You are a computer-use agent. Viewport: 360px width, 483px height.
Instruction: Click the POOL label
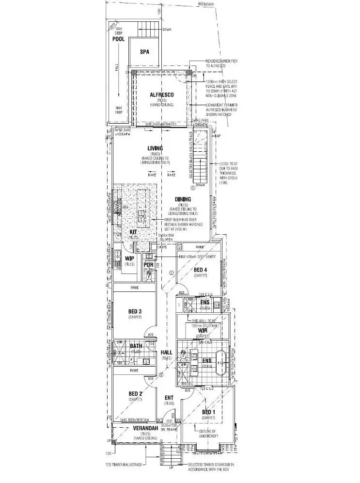pyautogui.click(x=119, y=39)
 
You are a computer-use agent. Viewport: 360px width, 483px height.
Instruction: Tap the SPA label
pyautogui.click(x=144, y=51)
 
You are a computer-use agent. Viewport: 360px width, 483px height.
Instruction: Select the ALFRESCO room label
pyautogui.click(x=161, y=95)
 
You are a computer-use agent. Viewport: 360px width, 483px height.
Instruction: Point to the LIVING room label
pyautogui.click(x=155, y=148)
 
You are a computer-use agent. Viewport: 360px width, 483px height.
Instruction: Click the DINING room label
pyautogui.click(x=183, y=199)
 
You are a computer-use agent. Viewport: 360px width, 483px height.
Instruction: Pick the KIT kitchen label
pyautogui.click(x=133, y=233)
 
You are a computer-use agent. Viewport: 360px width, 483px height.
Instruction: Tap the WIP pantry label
pyautogui.click(x=129, y=258)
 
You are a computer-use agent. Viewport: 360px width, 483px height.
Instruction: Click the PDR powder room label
pyautogui.click(x=148, y=265)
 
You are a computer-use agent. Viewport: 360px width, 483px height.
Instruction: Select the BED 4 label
pyautogui.click(x=200, y=270)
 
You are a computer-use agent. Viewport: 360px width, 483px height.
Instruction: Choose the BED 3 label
pyautogui.click(x=135, y=311)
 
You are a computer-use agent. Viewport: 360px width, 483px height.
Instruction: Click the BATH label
pyautogui.click(x=136, y=346)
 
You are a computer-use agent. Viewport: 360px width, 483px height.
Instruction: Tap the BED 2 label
pyautogui.click(x=135, y=393)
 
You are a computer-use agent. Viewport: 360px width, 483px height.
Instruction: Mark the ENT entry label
pyautogui.click(x=169, y=398)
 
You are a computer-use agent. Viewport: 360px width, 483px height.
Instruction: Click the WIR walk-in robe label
pyautogui.click(x=203, y=330)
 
